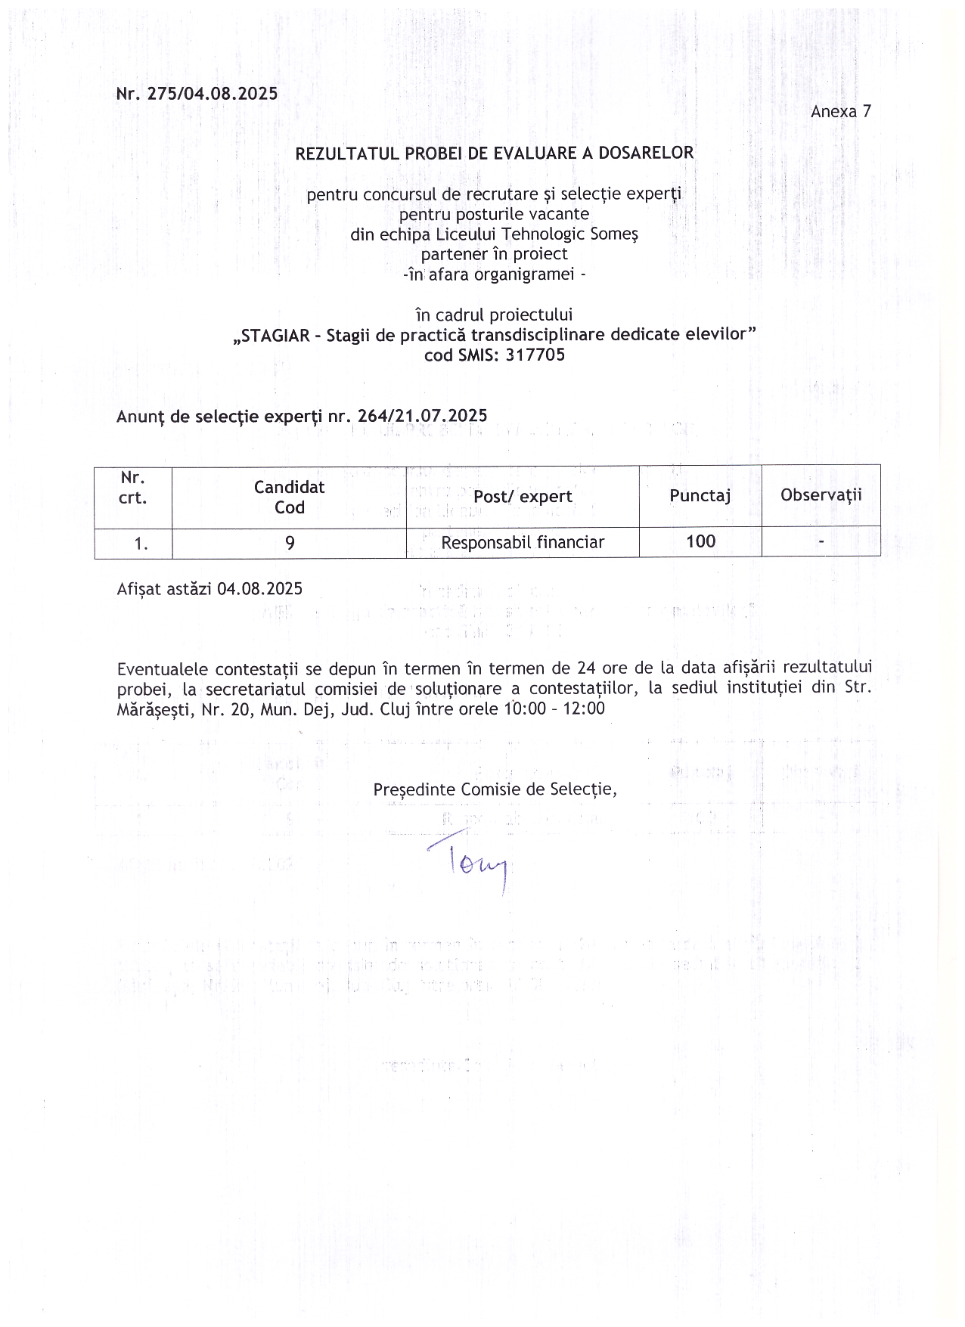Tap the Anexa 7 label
click(840, 112)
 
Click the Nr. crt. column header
click(133, 488)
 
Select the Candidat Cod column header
click(289, 497)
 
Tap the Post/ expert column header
click(523, 496)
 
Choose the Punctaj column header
click(700, 495)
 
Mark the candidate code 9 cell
click(290, 542)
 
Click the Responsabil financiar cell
click(523, 542)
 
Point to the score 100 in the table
click(700, 541)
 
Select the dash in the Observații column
click(821, 541)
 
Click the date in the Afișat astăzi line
click(259, 589)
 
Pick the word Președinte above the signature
click(414, 789)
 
